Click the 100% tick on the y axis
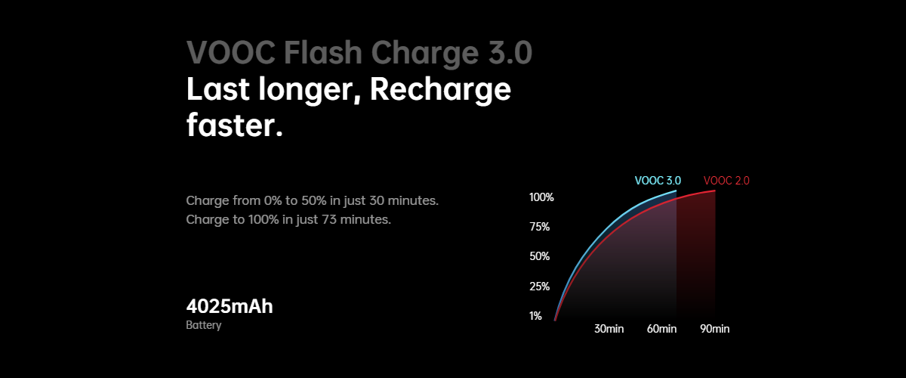pos(541,197)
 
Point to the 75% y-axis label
pos(540,227)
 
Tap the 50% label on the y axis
pos(540,256)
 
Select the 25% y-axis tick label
pos(540,287)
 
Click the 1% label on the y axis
pos(535,316)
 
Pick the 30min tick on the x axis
pos(609,329)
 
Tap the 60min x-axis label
pos(661,329)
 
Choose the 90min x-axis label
pos(715,329)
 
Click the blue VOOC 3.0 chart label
pos(658,181)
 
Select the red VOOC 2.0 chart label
pos(726,181)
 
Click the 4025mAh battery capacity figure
pos(230,306)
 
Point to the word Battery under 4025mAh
pos(203,325)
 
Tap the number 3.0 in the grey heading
pos(510,53)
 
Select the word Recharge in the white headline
pos(440,90)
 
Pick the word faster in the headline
pos(230,125)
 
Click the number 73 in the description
pos(329,219)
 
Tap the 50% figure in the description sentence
pos(315,200)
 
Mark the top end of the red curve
pos(715,191)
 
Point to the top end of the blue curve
pos(676,191)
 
